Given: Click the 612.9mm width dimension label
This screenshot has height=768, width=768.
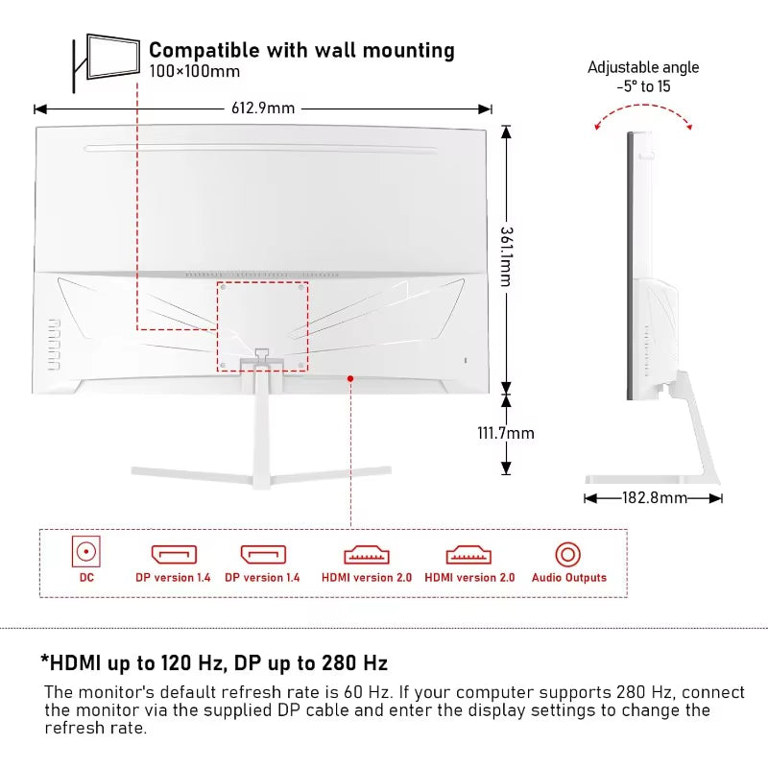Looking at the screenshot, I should click(262, 108).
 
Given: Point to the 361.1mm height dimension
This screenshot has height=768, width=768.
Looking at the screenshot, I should click(507, 257).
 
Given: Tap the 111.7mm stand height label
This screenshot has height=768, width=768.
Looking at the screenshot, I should click(506, 433).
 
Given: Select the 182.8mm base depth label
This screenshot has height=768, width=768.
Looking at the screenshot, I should click(654, 497).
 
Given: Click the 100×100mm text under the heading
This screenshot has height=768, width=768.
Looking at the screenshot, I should click(195, 71).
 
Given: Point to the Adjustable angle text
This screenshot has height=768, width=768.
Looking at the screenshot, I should click(643, 67).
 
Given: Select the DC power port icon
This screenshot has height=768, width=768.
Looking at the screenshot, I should click(86, 552).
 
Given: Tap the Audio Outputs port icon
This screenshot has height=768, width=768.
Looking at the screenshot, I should click(568, 554).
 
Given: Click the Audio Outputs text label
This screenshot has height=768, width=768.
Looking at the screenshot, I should click(569, 578).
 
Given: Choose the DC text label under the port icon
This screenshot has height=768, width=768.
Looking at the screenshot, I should click(86, 578).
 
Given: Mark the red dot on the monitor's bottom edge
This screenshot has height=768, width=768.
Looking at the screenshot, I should click(351, 378).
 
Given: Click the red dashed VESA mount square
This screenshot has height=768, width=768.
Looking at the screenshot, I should click(262, 326).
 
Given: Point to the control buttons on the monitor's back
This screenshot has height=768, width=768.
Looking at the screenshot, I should click(52, 345).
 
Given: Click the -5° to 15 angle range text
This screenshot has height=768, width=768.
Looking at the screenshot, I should click(643, 86).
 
